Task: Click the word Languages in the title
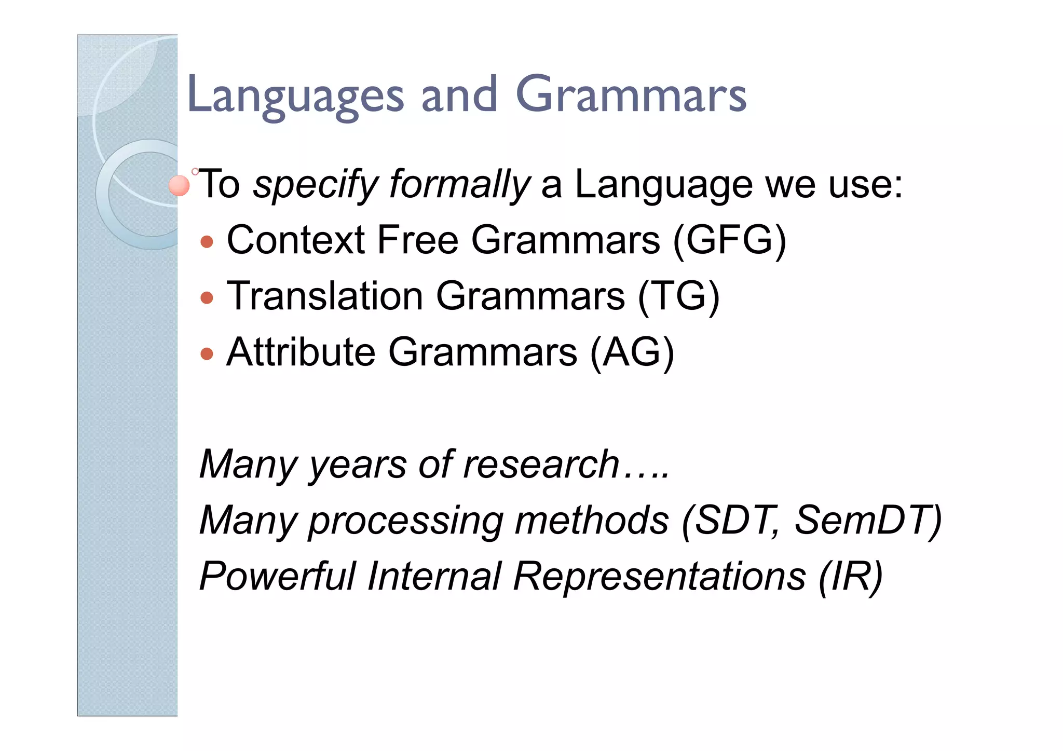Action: pyautogui.click(x=295, y=96)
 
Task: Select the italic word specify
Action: pyautogui.click(x=316, y=185)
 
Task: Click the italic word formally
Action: pyautogui.click(x=459, y=185)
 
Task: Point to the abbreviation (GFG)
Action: pyautogui.click(x=729, y=240)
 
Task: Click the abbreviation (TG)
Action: pyautogui.click(x=678, y=296)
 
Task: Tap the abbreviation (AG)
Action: pyautogui.click(x=632, y=352)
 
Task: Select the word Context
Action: pyautogui.click(x=296, y=240)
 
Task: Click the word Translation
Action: pyautogui.click(x=325, y=296)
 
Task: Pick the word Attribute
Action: pyautogui.click(x=301, y=352)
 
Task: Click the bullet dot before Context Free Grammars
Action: pyautogui.click(x=207, y=241)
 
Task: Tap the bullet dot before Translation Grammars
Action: pyautogui.click(x=207, y=297)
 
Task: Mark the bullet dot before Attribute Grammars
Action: pyautogui.click(x=207, y=353)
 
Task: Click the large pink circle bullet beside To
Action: pyautogui.click(x=180, y=186)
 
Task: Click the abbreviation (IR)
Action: pyautogui.click(x=850, y=576)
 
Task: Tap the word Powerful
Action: pyautogui.click(x=277, y=576)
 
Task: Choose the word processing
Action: pyautogui.click(x=405, y=521)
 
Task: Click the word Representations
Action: pyautogui.click(x=659, y=576)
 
